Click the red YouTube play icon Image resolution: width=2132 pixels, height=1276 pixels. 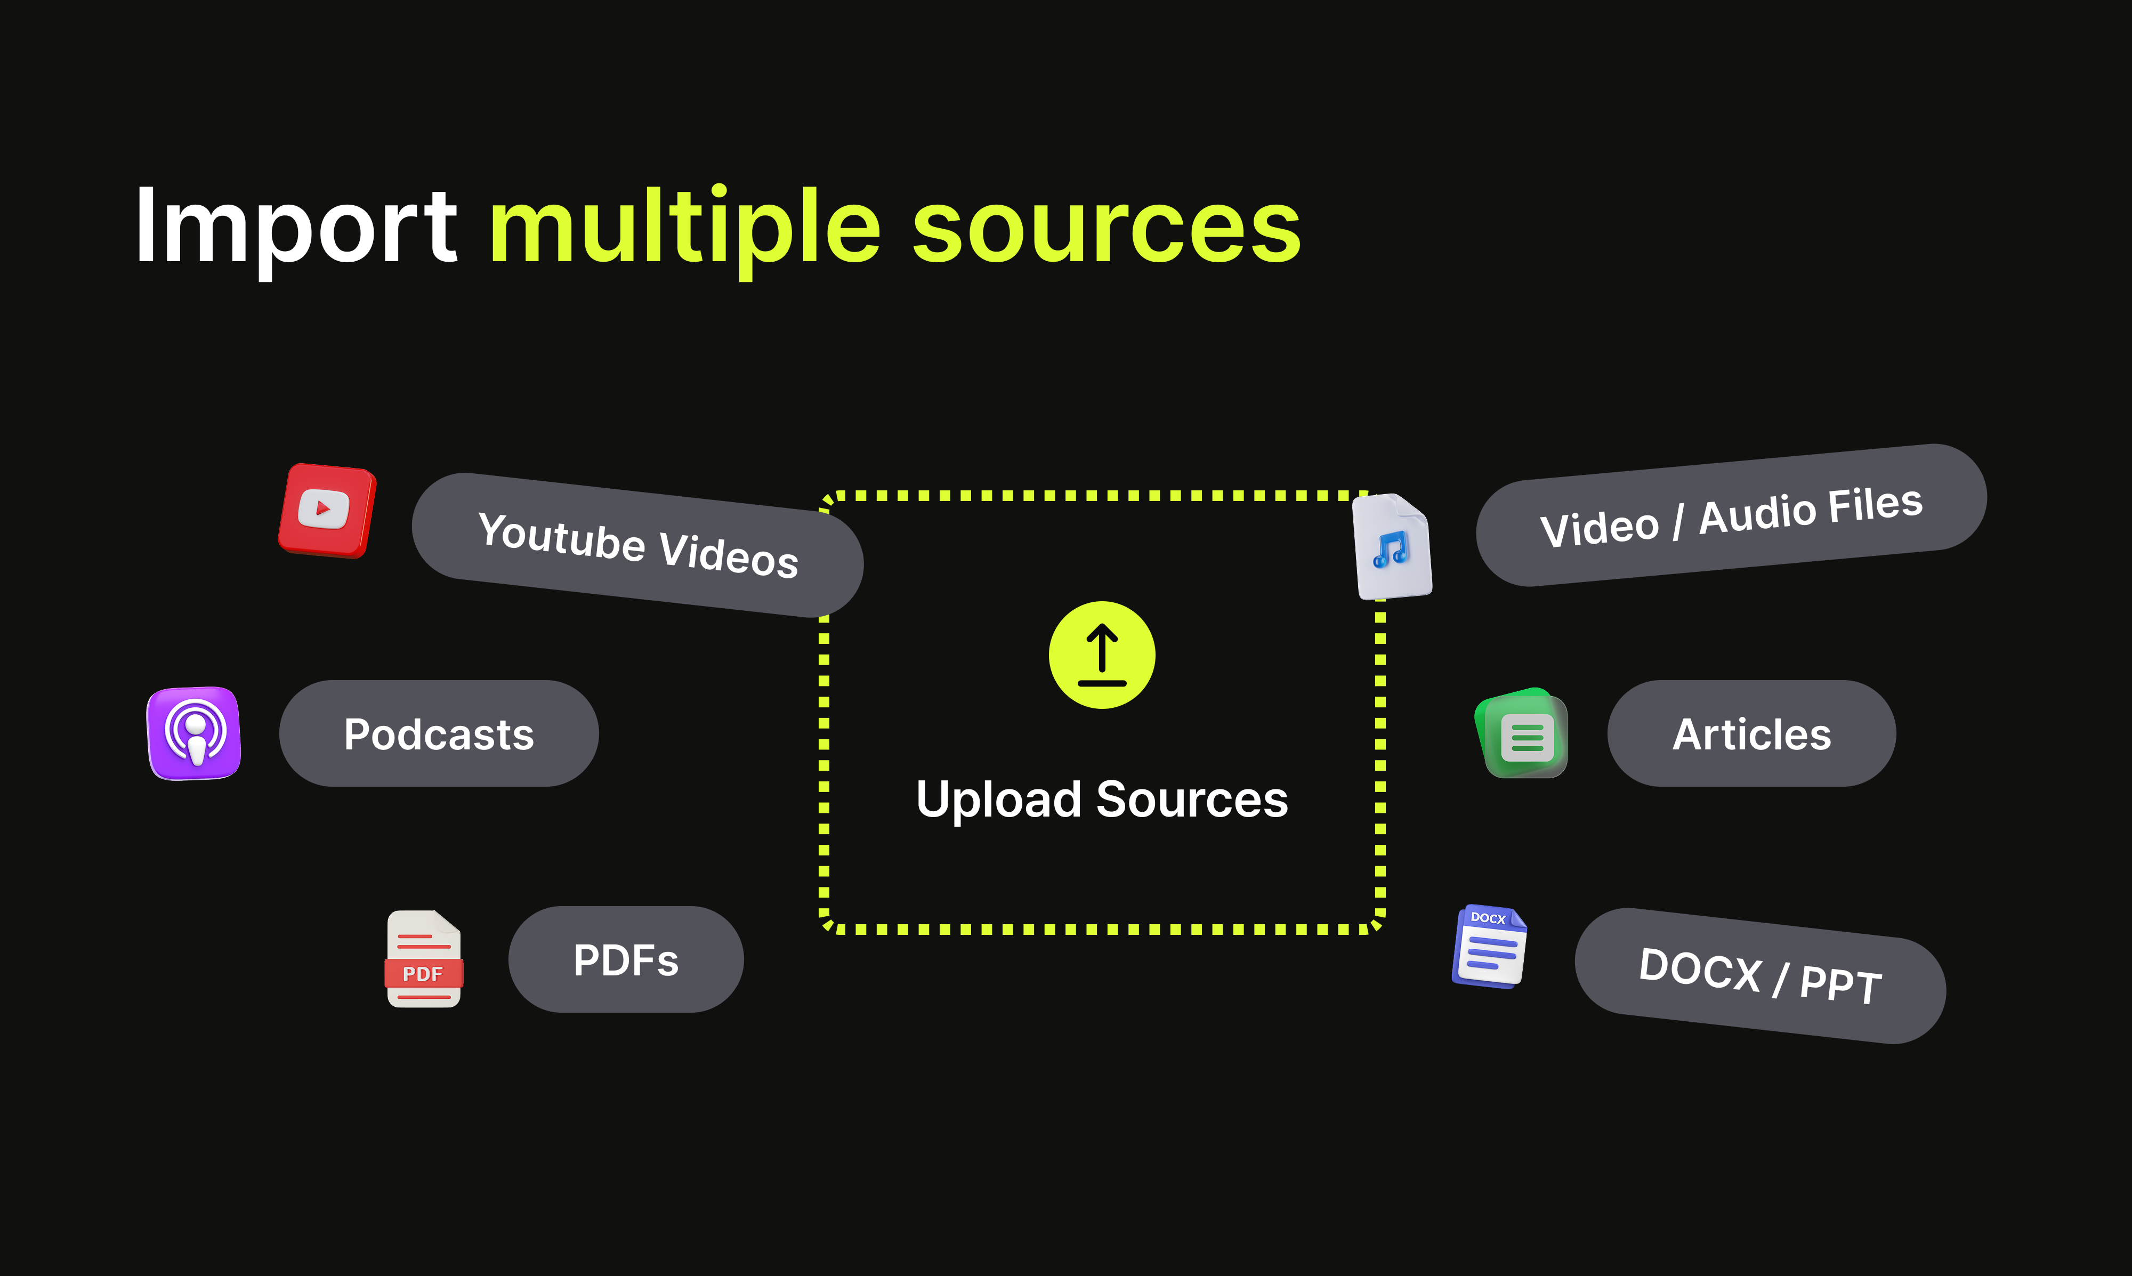[326, 510]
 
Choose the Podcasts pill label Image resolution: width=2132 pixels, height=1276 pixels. [439, 733]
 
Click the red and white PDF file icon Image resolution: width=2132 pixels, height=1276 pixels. [424, 959]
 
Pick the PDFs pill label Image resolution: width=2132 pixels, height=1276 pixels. [626, 959]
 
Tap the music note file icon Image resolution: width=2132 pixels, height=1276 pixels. [1392, 547]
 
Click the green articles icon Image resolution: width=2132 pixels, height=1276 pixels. [1522, 733]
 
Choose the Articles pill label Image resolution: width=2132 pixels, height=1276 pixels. [1751, 733]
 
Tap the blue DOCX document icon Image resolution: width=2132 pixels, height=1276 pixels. [1490, 947]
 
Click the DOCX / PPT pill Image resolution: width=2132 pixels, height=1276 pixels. [1760, 976]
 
